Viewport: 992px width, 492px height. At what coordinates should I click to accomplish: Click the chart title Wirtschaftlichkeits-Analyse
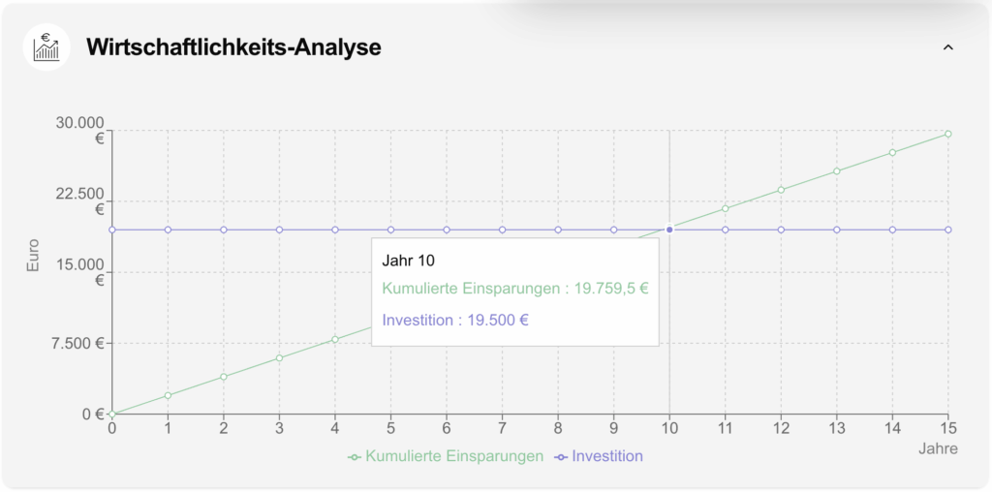point(233,46)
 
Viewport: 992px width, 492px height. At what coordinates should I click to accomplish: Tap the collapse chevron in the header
point(948,46)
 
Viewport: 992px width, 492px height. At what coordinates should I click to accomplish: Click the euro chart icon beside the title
point(46,47)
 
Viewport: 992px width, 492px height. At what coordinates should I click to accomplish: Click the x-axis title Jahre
point(938,448)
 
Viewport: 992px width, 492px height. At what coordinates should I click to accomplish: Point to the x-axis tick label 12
point(781,428)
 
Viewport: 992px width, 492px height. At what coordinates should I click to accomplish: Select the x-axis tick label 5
point(390,428)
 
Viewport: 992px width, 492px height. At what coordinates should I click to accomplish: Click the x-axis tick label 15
point(947,428)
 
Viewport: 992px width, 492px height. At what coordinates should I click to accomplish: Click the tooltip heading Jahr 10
point(409,261)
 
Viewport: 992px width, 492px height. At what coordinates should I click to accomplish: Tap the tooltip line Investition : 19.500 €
point(455,320)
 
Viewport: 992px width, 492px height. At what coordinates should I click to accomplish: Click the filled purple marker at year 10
point(669,230)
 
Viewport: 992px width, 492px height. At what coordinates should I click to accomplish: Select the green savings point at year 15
point(947,134)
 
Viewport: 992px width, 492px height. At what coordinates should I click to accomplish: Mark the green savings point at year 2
point(224,377)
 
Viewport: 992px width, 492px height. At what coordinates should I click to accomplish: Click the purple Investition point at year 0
point(112,230)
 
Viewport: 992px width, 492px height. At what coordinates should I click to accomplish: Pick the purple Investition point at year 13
point(836,230)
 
